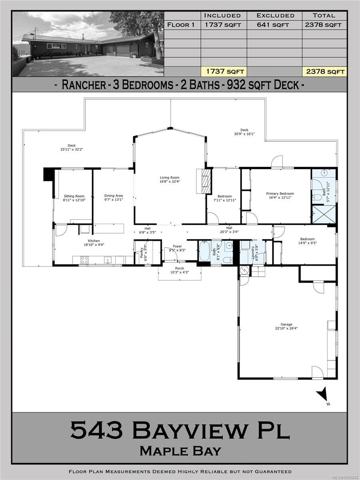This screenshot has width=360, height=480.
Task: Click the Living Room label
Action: point(170,178)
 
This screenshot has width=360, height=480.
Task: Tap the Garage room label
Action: point(286,324)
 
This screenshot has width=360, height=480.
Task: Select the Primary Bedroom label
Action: point(280,194)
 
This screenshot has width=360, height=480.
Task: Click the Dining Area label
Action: point(114,196)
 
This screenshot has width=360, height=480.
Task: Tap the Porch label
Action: point(179,268)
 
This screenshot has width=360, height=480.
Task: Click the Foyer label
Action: point(177,246)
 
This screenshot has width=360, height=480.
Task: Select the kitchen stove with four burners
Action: point(85,260)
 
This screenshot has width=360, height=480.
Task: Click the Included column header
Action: point(222,16)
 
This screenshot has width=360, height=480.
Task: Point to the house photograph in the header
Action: point(88,44)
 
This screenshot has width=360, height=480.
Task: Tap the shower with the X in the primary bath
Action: point(324,215)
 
